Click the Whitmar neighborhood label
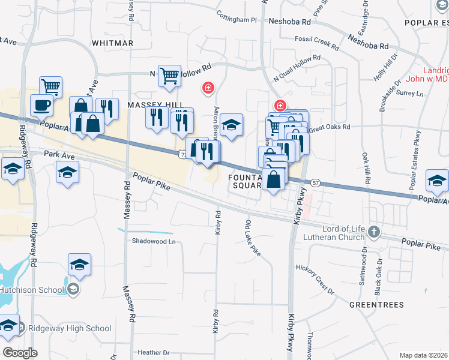(113, 43)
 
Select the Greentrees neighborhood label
(377, 305)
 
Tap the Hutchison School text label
(32, 290)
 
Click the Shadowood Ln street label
(154, 242)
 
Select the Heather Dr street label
(154, 353)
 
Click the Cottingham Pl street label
(237, 19)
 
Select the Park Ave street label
(59, 155)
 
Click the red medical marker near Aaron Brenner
(208, 88)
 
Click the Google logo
(20, 352)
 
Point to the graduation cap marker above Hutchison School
(79, 265)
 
